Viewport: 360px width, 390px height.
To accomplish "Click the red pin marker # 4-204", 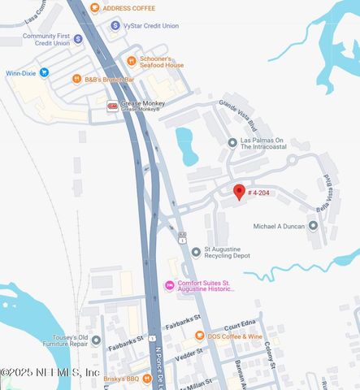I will pyautogui.click(x=239, y=192).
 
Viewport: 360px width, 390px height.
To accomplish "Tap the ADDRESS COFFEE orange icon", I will pyautogui.click(x=95, y=8).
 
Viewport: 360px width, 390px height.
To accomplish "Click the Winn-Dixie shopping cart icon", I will pyautogui.click(x=44, y=72).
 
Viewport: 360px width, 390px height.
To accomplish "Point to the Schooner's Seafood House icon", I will pyautogui.click(x=131, y=60).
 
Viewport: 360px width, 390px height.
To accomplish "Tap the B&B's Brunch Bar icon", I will pyautogui.click(x=76, y=79).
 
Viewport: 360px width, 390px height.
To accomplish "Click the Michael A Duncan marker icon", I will pyautogui.click(x=314, y=225).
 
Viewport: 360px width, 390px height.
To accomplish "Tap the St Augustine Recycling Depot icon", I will pyautogui.click(x=195, y=251).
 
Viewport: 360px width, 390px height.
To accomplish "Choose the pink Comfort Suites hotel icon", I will pyautogui.click(x=169, y=284).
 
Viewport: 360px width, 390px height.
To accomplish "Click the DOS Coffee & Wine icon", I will pyautogui.click(x=198, y=336).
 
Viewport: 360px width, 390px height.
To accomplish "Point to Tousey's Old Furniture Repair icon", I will pyautogui.click(x=96, y=340).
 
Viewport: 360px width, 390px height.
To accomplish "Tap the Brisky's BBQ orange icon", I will pyautogui.click(x=94, y=378).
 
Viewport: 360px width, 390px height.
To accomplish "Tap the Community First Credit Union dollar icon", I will pyautogui.click(x=78, y=38).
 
